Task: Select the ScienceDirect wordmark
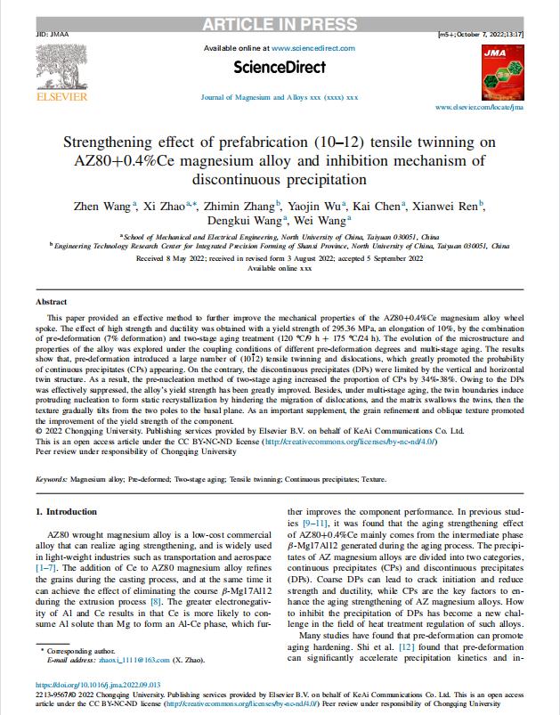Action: (x=279, y=67)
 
